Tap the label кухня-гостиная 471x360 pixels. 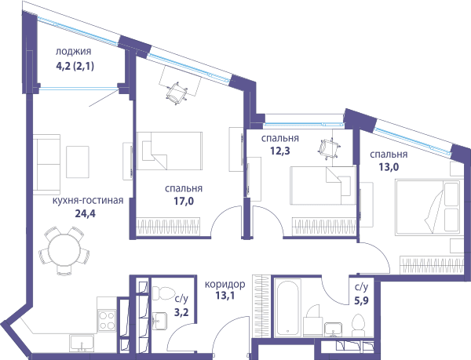point(88,201)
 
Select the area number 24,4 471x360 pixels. point(85,213)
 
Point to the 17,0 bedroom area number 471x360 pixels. point(184,201)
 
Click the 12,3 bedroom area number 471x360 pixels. point(280,151)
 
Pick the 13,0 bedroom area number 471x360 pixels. point(389,167)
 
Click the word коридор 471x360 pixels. point(225,284)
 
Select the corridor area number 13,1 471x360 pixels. point(225,296)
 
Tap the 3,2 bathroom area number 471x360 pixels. point(181,312)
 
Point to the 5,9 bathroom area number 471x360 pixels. point(361,300)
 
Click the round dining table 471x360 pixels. point(65,251)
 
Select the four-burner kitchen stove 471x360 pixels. point(108,321)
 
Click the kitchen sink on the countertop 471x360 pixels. point(82,344)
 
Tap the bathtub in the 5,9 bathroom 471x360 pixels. point(289,307)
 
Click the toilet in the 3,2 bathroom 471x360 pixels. point(163,293)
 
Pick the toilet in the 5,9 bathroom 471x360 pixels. point(358,325)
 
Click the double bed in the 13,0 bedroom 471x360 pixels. point(428,206)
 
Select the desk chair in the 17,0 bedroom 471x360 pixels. point(177,93)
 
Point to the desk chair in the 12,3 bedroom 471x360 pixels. point(329,147)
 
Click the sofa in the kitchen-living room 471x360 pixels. point(47,165)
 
